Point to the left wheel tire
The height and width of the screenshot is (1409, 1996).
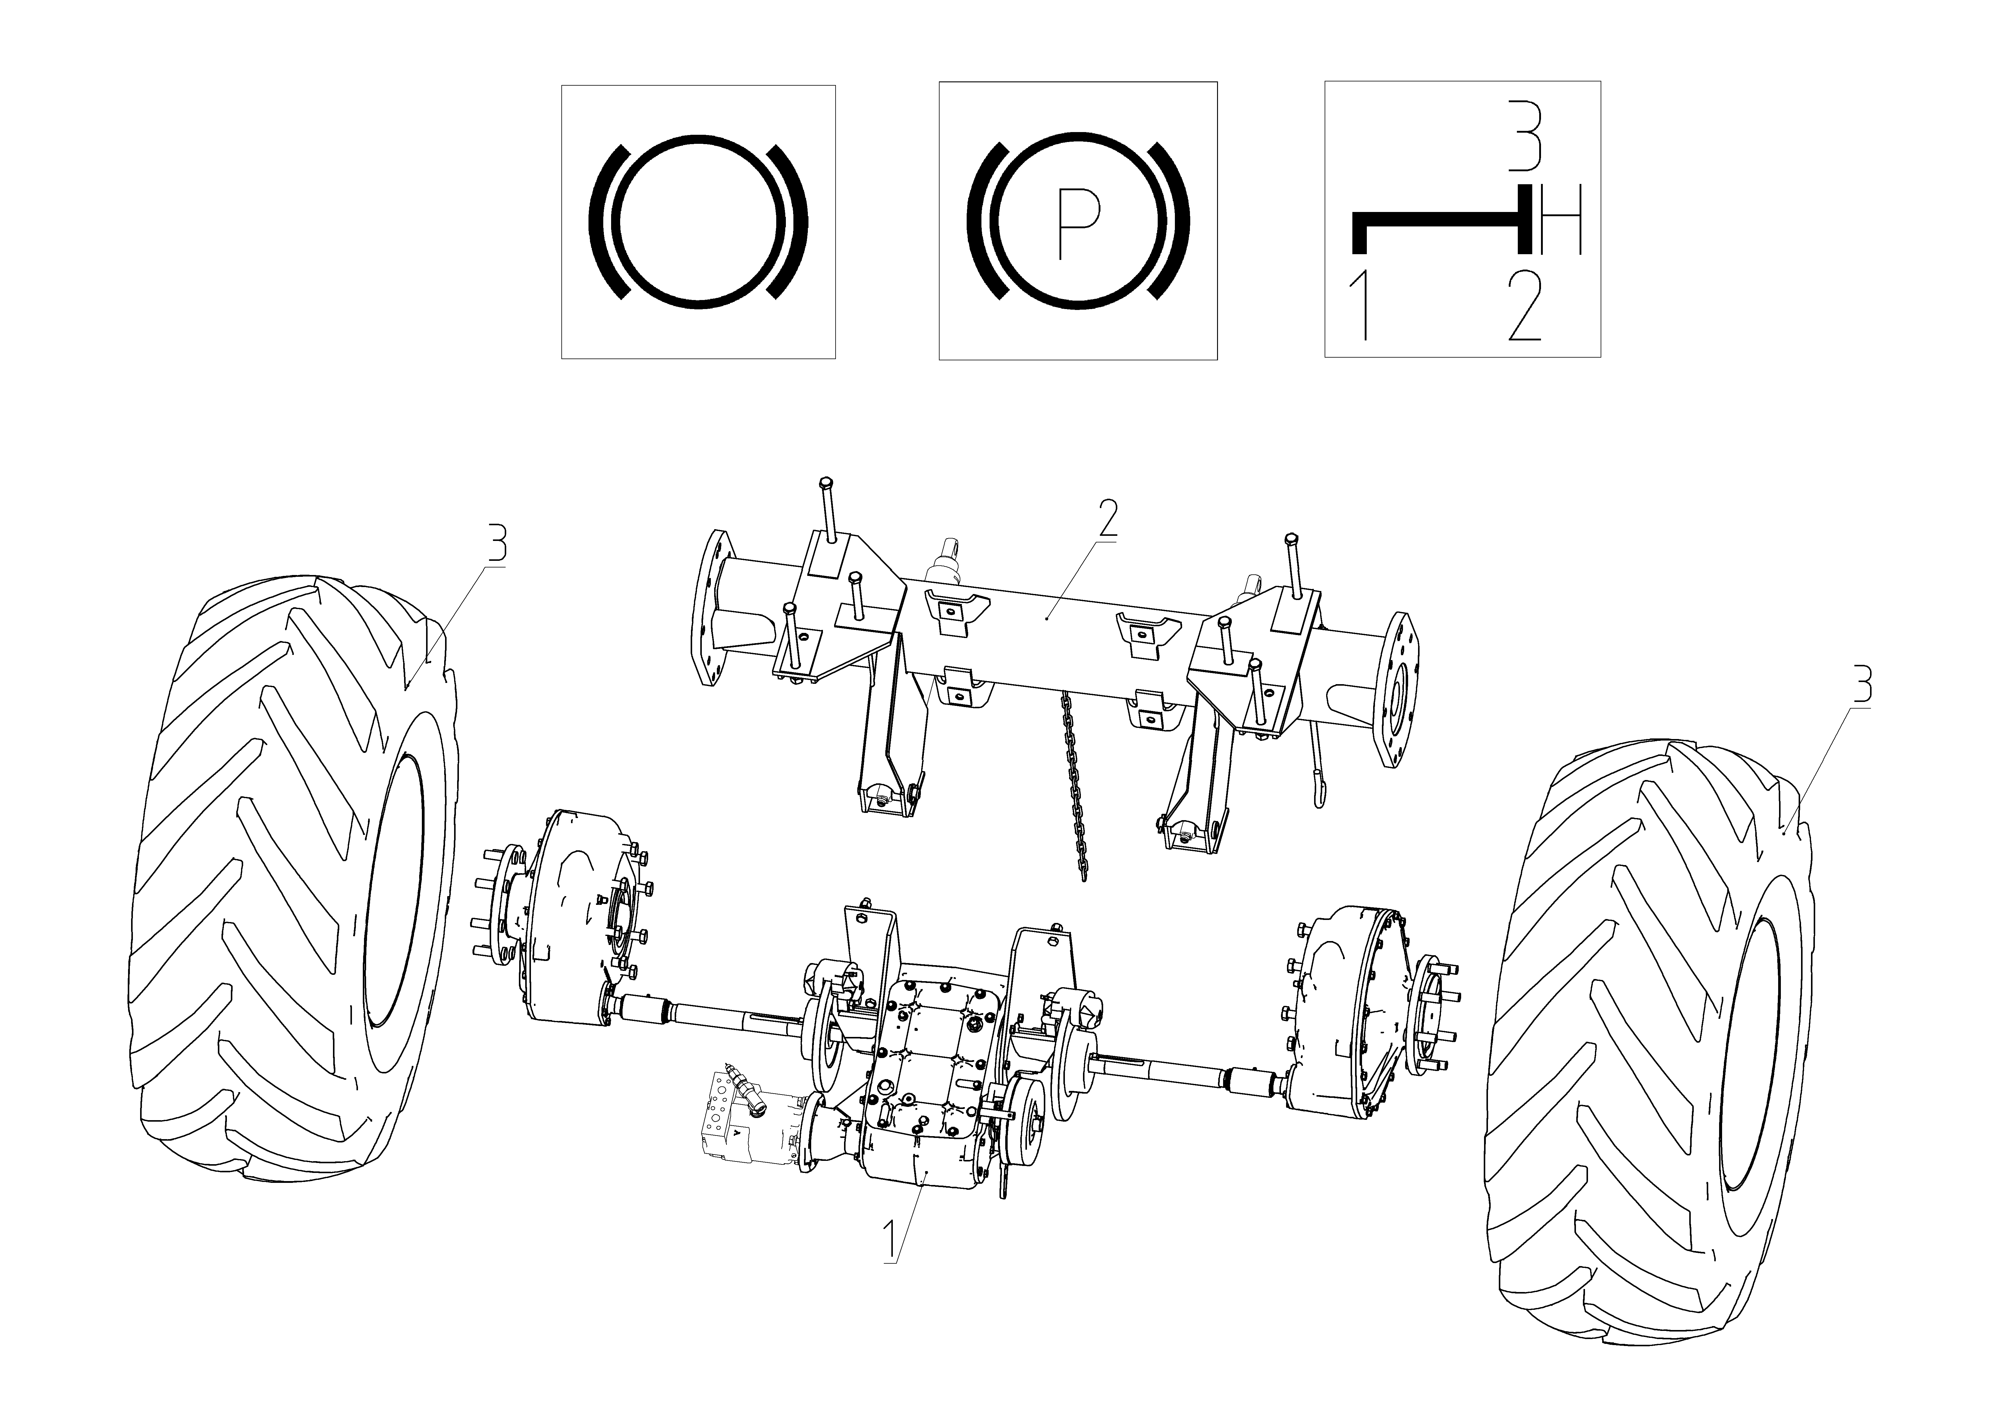[x=296, y=878]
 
